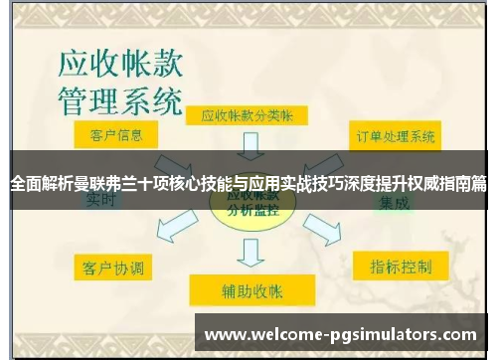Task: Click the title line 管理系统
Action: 117,102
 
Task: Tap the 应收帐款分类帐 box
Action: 248,116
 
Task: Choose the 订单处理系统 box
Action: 395,135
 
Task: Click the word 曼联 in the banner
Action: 98,183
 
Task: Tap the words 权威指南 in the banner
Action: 438,183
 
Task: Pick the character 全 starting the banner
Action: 17,183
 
